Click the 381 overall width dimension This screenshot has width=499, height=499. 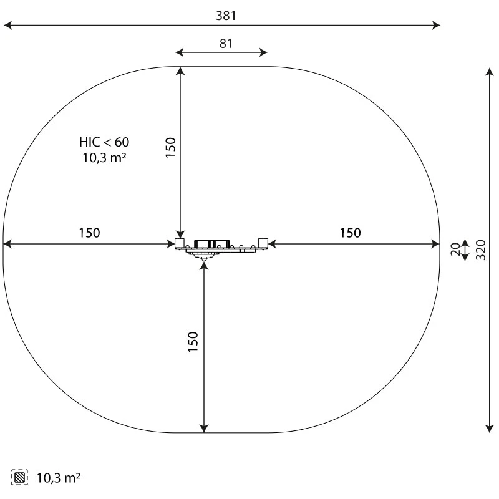226,16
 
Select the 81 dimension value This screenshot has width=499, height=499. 226,44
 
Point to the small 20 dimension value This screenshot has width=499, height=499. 455,249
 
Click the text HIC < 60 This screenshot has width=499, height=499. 104,142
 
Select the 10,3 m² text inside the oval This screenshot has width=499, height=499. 104,158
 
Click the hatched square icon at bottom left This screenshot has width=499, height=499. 19,477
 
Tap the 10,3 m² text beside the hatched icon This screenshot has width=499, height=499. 59,478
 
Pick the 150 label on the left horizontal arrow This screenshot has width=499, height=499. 89,233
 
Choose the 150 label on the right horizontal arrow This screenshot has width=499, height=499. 350,233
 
